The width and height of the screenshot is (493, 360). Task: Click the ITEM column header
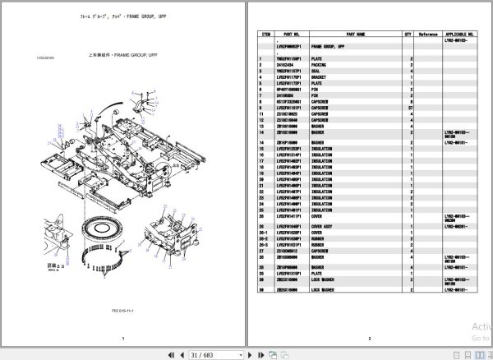[x=266, y=34]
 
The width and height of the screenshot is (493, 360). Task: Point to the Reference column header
[x=428, y=34]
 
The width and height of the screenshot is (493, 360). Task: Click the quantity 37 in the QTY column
[x=409, y=107]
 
